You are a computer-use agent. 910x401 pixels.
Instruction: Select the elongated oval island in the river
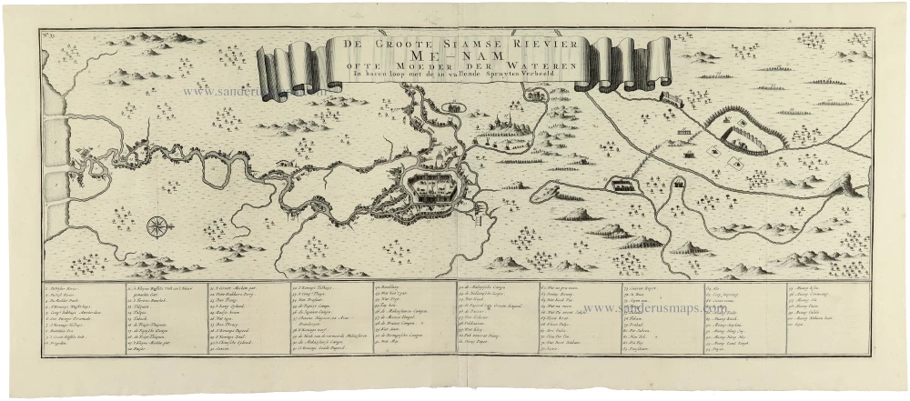click(x=551, y=191)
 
